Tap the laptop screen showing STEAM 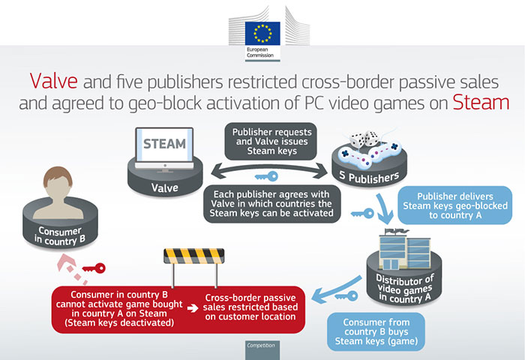[x=163, y=145]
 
